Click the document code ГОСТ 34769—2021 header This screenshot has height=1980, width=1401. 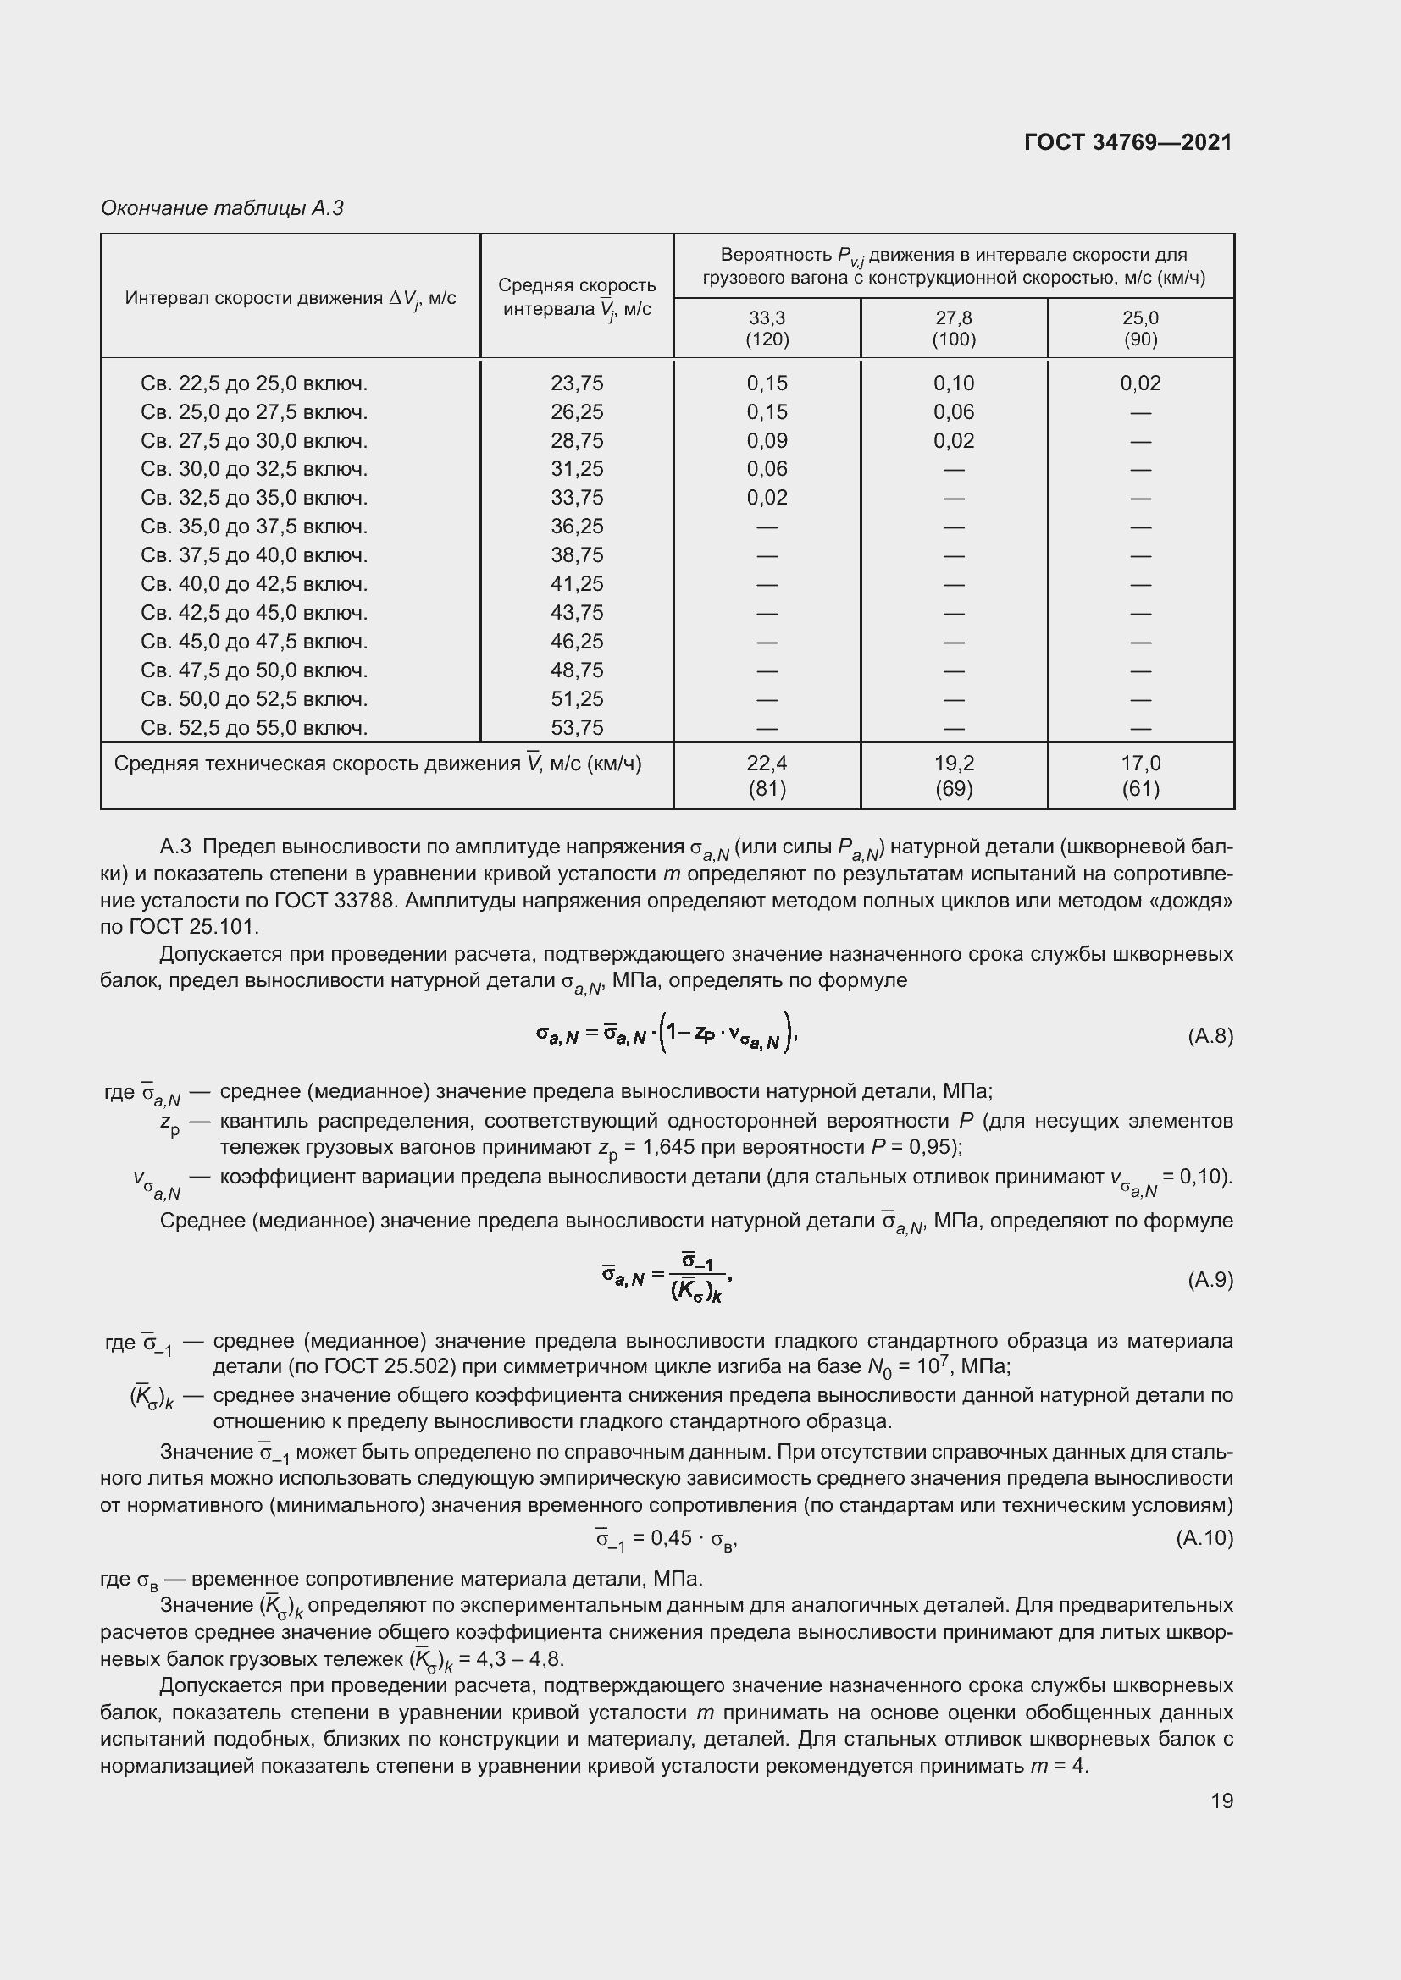1127,142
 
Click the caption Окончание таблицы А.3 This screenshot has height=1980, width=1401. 222,208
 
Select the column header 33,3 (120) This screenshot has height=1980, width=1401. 767,328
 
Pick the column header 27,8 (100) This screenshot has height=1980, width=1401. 953,328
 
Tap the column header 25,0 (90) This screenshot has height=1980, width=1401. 1139,328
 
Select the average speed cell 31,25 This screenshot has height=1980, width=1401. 577,469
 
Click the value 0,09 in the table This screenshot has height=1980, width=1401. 767,441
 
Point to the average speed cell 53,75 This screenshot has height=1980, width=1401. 577,728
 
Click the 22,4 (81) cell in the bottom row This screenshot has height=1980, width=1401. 767,775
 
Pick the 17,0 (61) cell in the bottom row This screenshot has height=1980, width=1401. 1139,775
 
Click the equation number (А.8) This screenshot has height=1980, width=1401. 1210,1035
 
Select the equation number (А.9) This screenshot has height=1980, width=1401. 1210,1280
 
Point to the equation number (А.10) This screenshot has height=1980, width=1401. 1204,1537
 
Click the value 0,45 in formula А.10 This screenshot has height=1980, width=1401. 671,1537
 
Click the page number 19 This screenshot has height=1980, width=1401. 1221,1801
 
